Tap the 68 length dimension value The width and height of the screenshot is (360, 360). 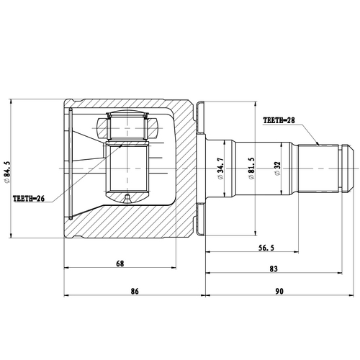pos(120,264)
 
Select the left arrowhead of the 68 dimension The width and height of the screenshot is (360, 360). pos(68,272)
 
